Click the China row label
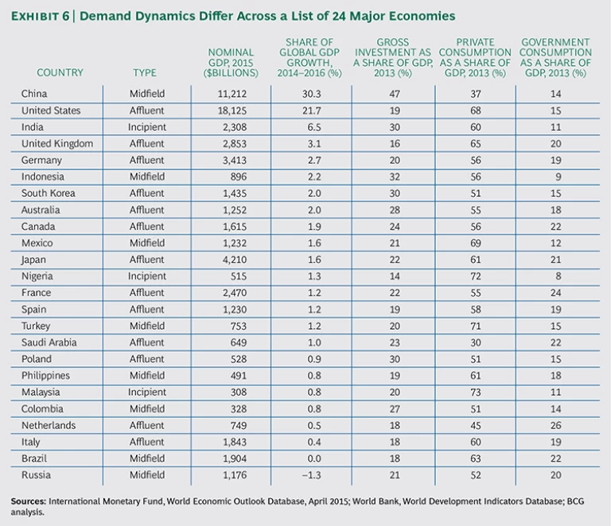pos(34,94)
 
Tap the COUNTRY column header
pos(60,73)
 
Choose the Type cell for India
pos(147,127)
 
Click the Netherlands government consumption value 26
pos(555,425)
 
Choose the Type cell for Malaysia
pos(147,393)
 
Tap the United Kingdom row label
pos(57,144)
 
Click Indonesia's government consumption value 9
pos(555,177)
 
